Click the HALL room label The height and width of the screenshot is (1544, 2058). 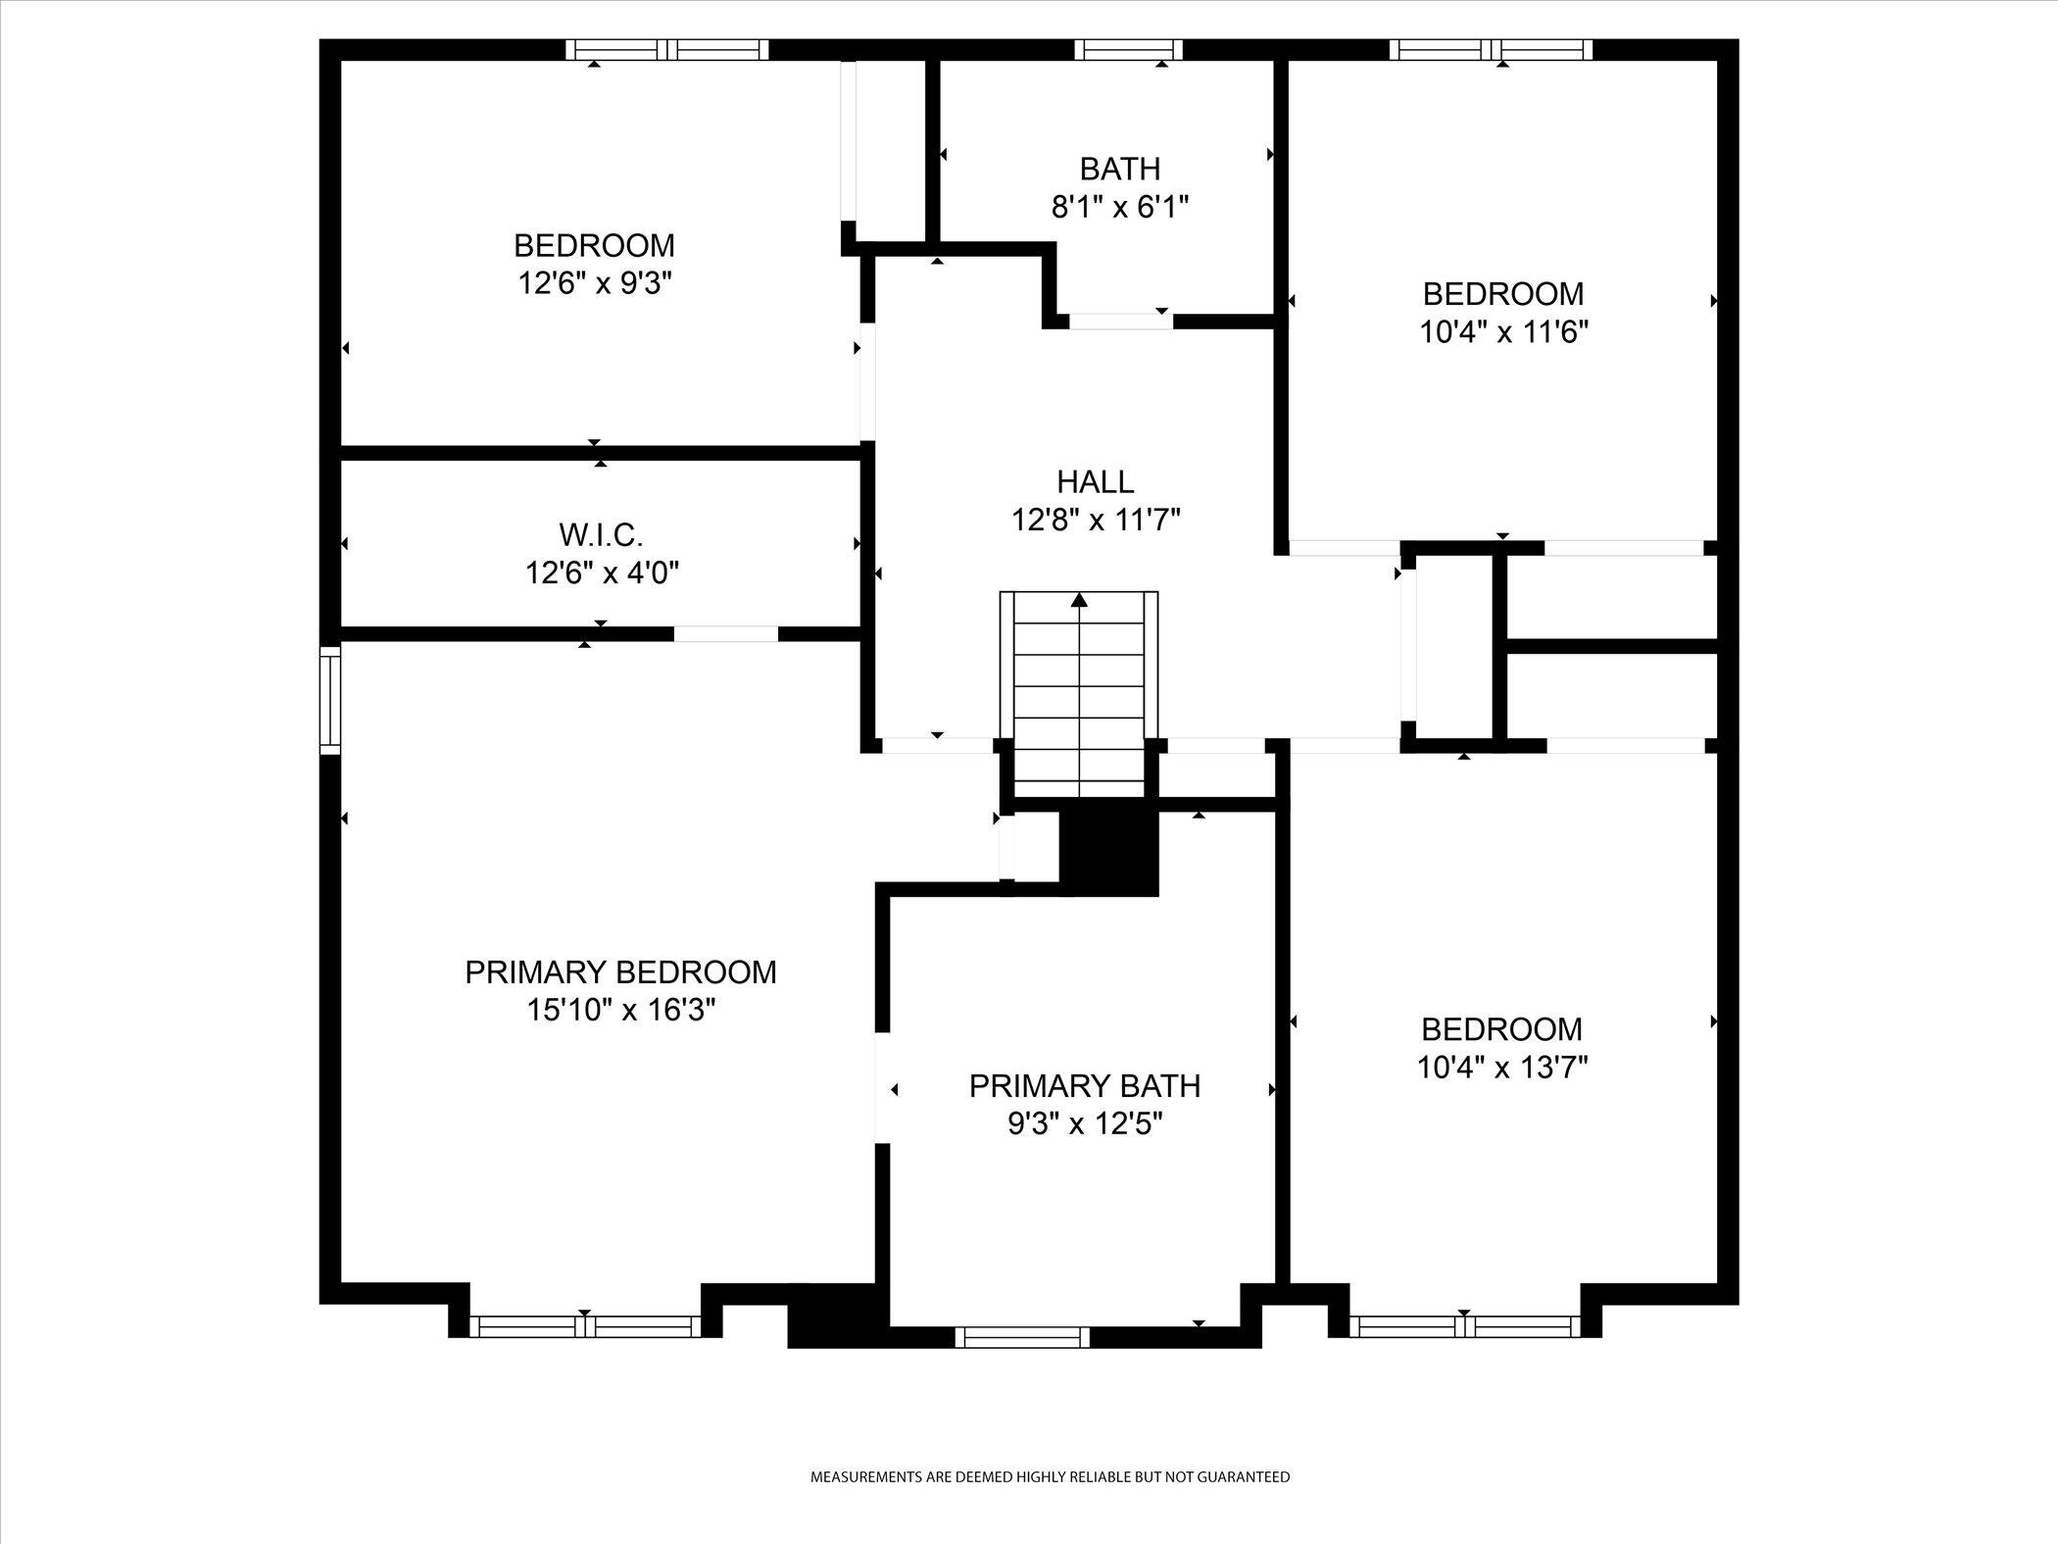tap(1095, 481)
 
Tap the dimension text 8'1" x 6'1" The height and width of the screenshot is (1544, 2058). tap(1119, 207)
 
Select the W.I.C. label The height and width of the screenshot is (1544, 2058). tap(601, 535)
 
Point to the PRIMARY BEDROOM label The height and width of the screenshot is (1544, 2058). tap(620, 972)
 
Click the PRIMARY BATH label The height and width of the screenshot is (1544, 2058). tap(1084, 1086)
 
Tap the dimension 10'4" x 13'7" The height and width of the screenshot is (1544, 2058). tap(1502, 1067)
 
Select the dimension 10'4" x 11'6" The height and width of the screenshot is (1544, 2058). tap(1503, 332)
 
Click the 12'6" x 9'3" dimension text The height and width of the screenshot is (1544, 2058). tap(595, 283)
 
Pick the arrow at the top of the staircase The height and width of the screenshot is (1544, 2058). tap(1079, 600)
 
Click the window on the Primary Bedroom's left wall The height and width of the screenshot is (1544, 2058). tap(331, 700)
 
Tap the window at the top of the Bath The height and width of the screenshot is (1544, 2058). tap(1128, 50)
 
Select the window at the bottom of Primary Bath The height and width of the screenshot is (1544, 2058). tap(1022, 1337)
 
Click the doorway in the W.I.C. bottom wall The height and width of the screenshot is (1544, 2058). tap(725, 634)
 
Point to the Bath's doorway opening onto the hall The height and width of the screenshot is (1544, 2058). tap(1120, 321)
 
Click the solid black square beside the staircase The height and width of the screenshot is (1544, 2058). tap(1109, 852)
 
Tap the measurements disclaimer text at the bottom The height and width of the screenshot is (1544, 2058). tap(1050, 1504)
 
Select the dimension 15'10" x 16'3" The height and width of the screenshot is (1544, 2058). tap(621, 1010)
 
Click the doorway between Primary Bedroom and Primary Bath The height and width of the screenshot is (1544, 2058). tap(882, 1087)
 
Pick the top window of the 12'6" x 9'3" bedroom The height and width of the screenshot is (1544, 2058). tap(667, 50)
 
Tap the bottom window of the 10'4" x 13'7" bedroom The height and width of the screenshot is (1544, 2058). tap(1464, 1326)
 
